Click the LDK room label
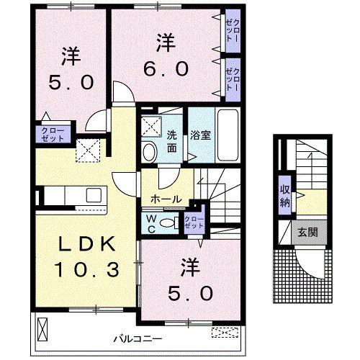(x=86, y=244)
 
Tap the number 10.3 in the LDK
(x=86, y=269)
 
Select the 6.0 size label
(x=166, y=68)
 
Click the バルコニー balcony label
(x=138, y=339)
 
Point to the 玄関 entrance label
(x=308, y=232)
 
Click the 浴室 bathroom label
(x=200, y=135)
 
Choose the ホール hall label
(x=166, y=199)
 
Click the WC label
(x=151, y=224)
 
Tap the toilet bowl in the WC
(x=168, y=223)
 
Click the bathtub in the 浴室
(x=228, y=135)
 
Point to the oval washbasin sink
(x=150, y=152)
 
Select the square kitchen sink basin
(x=94, y=195)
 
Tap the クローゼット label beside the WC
(x=194, y=222)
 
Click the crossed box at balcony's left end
(x=42, y=330)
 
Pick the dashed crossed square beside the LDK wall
(x=88, y=150)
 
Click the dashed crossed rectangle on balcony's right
(x=225, y=333)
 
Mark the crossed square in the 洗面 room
(x=151, y=126)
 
